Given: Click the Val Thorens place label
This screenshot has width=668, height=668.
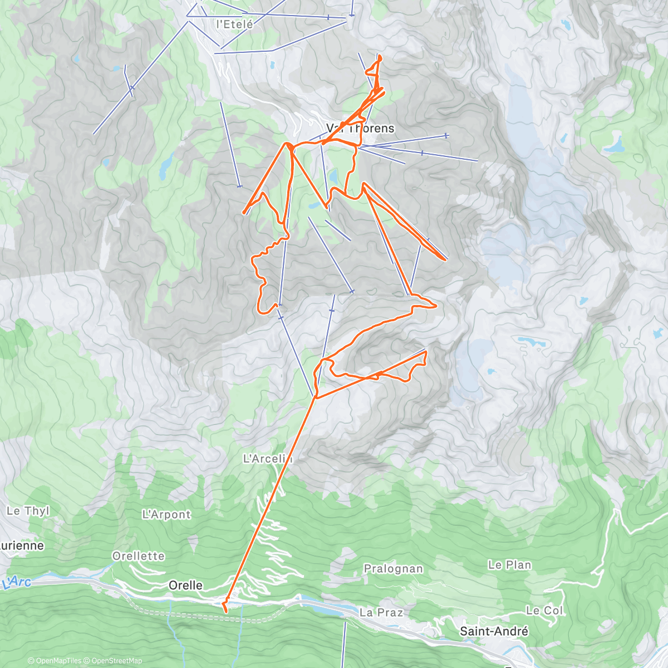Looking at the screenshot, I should [x=360, y=129].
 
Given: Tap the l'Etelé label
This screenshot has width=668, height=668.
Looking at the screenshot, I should [x=234, y=24].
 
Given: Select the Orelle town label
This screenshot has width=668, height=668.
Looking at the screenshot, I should [x=185, y=585].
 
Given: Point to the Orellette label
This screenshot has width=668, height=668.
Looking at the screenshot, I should [x=139, y=556].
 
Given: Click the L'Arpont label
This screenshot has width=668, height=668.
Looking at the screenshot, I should [x=166, y=515].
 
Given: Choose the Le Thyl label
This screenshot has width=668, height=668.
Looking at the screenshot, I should [x=28, y=511].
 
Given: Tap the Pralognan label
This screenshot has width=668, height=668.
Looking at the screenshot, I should [x=393, y=569].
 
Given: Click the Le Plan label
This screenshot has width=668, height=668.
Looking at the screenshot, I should [x=509, y=565].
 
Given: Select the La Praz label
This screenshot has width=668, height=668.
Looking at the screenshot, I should [x=381, y=612].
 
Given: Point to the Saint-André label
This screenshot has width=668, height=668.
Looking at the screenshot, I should [x=494, y=631].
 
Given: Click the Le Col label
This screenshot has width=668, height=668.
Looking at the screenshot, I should [x=544, y=611].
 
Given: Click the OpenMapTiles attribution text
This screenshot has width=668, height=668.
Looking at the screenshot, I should [x=54, y=661].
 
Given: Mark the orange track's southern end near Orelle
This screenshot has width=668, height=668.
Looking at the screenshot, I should [x=225, y=611].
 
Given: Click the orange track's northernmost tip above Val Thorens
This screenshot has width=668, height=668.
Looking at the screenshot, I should [x=380, y=56].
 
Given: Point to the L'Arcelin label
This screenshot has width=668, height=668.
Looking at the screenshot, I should [x=268, y=459].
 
